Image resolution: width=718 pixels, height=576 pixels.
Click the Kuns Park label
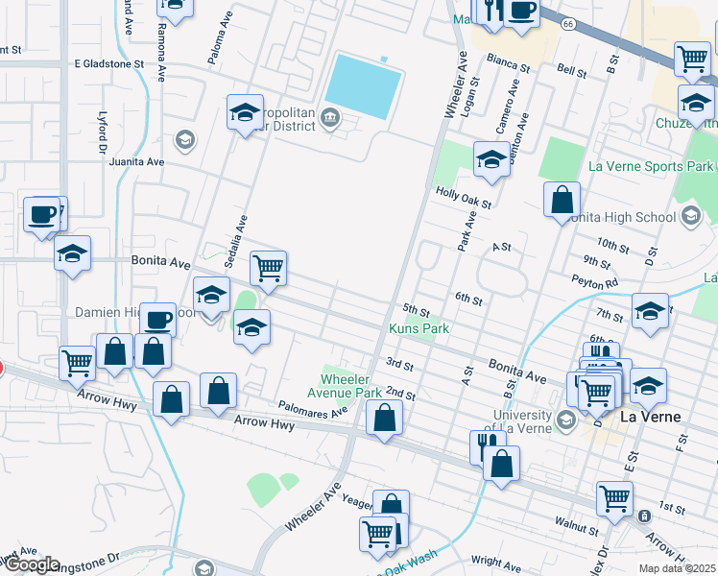tap(419, 328)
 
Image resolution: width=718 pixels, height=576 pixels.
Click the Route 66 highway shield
tap(568, 23)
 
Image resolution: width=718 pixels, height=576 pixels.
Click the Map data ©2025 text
tap(677, 568)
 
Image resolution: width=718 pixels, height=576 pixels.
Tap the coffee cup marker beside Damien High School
tap(157, 319)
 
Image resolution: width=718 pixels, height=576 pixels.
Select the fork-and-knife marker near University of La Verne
tap(488, 444)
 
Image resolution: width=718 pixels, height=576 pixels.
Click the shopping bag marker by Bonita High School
tap(562, 200)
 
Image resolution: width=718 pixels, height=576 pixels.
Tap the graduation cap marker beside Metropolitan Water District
tap(245, 112)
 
